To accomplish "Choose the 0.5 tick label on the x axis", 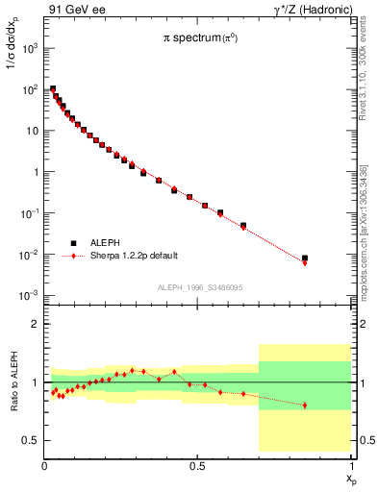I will click(197, 467).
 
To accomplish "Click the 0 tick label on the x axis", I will click(45, 467).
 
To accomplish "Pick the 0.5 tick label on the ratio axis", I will click(32, 441).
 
